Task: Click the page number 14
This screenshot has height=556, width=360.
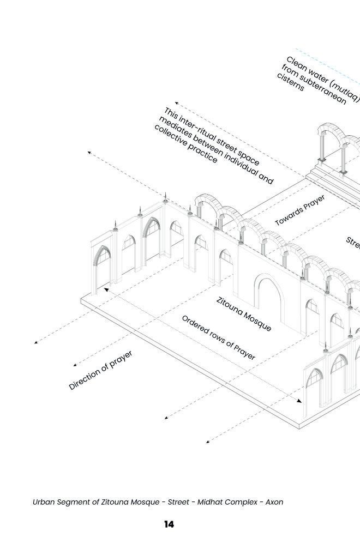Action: [x=169, y=524]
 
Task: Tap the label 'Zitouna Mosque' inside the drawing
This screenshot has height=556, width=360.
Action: [x=244, y=314]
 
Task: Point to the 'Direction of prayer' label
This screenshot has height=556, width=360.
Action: [x=101, y=370]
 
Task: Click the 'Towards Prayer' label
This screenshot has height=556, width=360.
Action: [x=300, y=210]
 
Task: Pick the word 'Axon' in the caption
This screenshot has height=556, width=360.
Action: [x=274, y=502]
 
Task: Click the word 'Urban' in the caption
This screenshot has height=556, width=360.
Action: [x=44, y=502]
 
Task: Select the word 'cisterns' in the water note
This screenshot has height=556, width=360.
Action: [x=290, y=83]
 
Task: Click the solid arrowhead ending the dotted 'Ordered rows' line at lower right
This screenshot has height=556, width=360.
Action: [x=299, y=401]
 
